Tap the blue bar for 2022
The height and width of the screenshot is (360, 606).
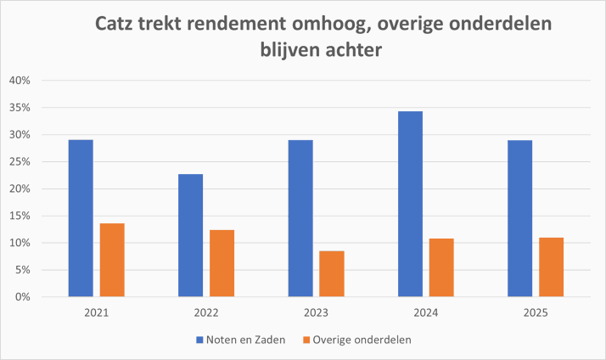pos(191,235)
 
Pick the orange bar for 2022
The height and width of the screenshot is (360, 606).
pos(222,263)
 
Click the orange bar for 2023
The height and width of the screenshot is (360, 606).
pos(332,273)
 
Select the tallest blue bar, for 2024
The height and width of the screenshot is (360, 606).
pos(410,204)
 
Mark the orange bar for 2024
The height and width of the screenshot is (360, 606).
pos(441,267)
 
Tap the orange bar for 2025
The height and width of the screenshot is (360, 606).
pos(551,267)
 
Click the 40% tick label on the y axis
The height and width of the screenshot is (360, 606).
pos(19,81)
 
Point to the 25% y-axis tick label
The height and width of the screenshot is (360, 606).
pos(19,161)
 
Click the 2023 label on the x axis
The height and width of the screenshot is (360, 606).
pos(316,313)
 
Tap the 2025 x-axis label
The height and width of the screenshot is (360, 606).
pos(536,313)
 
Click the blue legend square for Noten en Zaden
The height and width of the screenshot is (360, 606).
pos(201,340)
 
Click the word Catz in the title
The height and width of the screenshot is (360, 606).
pos(118,25)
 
